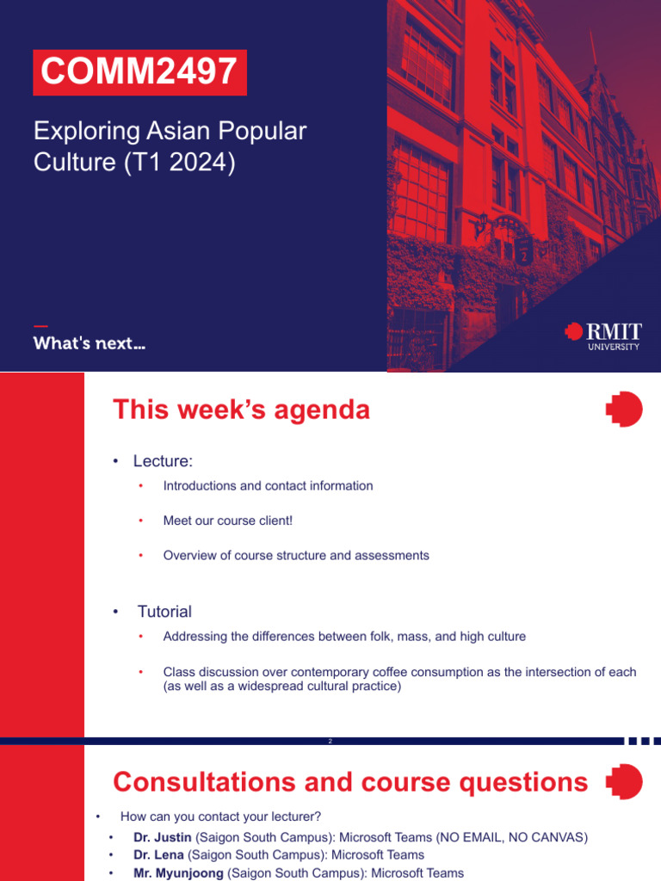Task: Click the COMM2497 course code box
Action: pos(139,72)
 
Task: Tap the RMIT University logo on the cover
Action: pos(603,336)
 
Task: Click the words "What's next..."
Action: pos(89,343)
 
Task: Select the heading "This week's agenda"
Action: pos(241,410)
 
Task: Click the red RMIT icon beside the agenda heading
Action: pos(624,410)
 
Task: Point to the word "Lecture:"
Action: pos(163,462)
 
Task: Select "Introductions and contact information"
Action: pos(268,486)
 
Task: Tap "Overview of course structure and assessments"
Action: pos(296,556)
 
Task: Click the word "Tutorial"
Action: pos(164,612)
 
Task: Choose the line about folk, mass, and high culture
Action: pos(344,637)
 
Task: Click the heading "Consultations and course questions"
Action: pos(350,782)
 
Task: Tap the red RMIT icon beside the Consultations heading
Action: pos(624,782)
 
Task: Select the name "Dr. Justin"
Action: pos(163,837)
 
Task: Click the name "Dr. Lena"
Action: pos(158,855)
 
